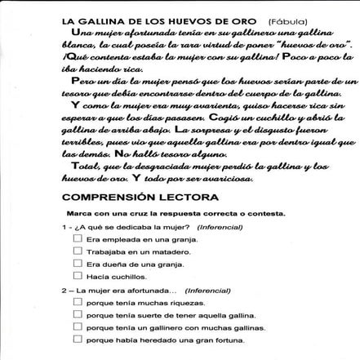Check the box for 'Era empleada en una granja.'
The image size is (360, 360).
pos(78,238)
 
